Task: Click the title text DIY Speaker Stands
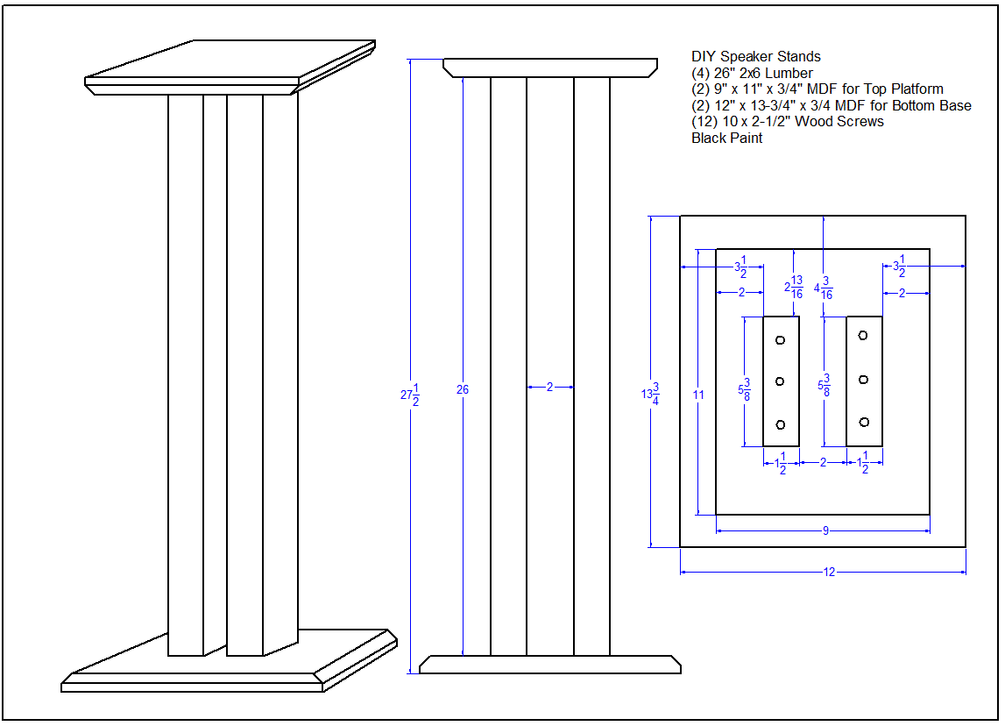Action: (755, 57)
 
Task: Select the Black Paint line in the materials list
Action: (726, 138)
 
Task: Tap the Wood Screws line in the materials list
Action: (788, 122)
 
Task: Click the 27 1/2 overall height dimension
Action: (408, 395)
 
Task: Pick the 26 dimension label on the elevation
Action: (462, 389)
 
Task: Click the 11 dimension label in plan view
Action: (697, 395)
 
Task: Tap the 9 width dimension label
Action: (825, 530)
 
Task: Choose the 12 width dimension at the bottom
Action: (829, 573)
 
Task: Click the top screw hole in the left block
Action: (780, 339)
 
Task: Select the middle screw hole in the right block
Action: (863, 380)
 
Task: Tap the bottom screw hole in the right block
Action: (863, 422)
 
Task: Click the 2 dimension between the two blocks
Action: (823, 462)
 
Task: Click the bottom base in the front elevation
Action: (550, 665)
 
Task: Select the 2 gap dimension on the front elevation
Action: (549, 387)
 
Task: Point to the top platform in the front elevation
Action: (550, 68)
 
